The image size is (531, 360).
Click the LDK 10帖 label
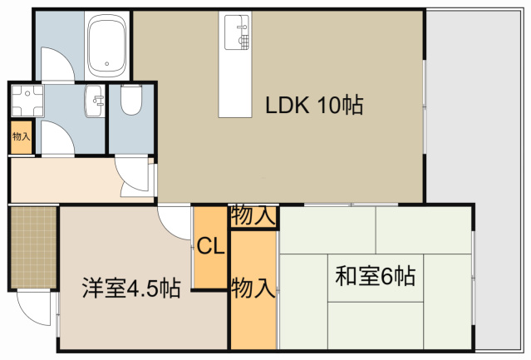(314, 106)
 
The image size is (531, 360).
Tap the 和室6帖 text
(375, 275)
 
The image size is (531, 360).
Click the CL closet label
(209, 247)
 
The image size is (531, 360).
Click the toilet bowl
(131, 100)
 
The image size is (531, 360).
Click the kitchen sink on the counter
(238, 32)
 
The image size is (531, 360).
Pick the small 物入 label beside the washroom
(21, 136)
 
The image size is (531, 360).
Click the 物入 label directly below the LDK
(253, 215)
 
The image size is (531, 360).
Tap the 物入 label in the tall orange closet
(253, 288)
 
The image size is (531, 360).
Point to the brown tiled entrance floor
(33, 246)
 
